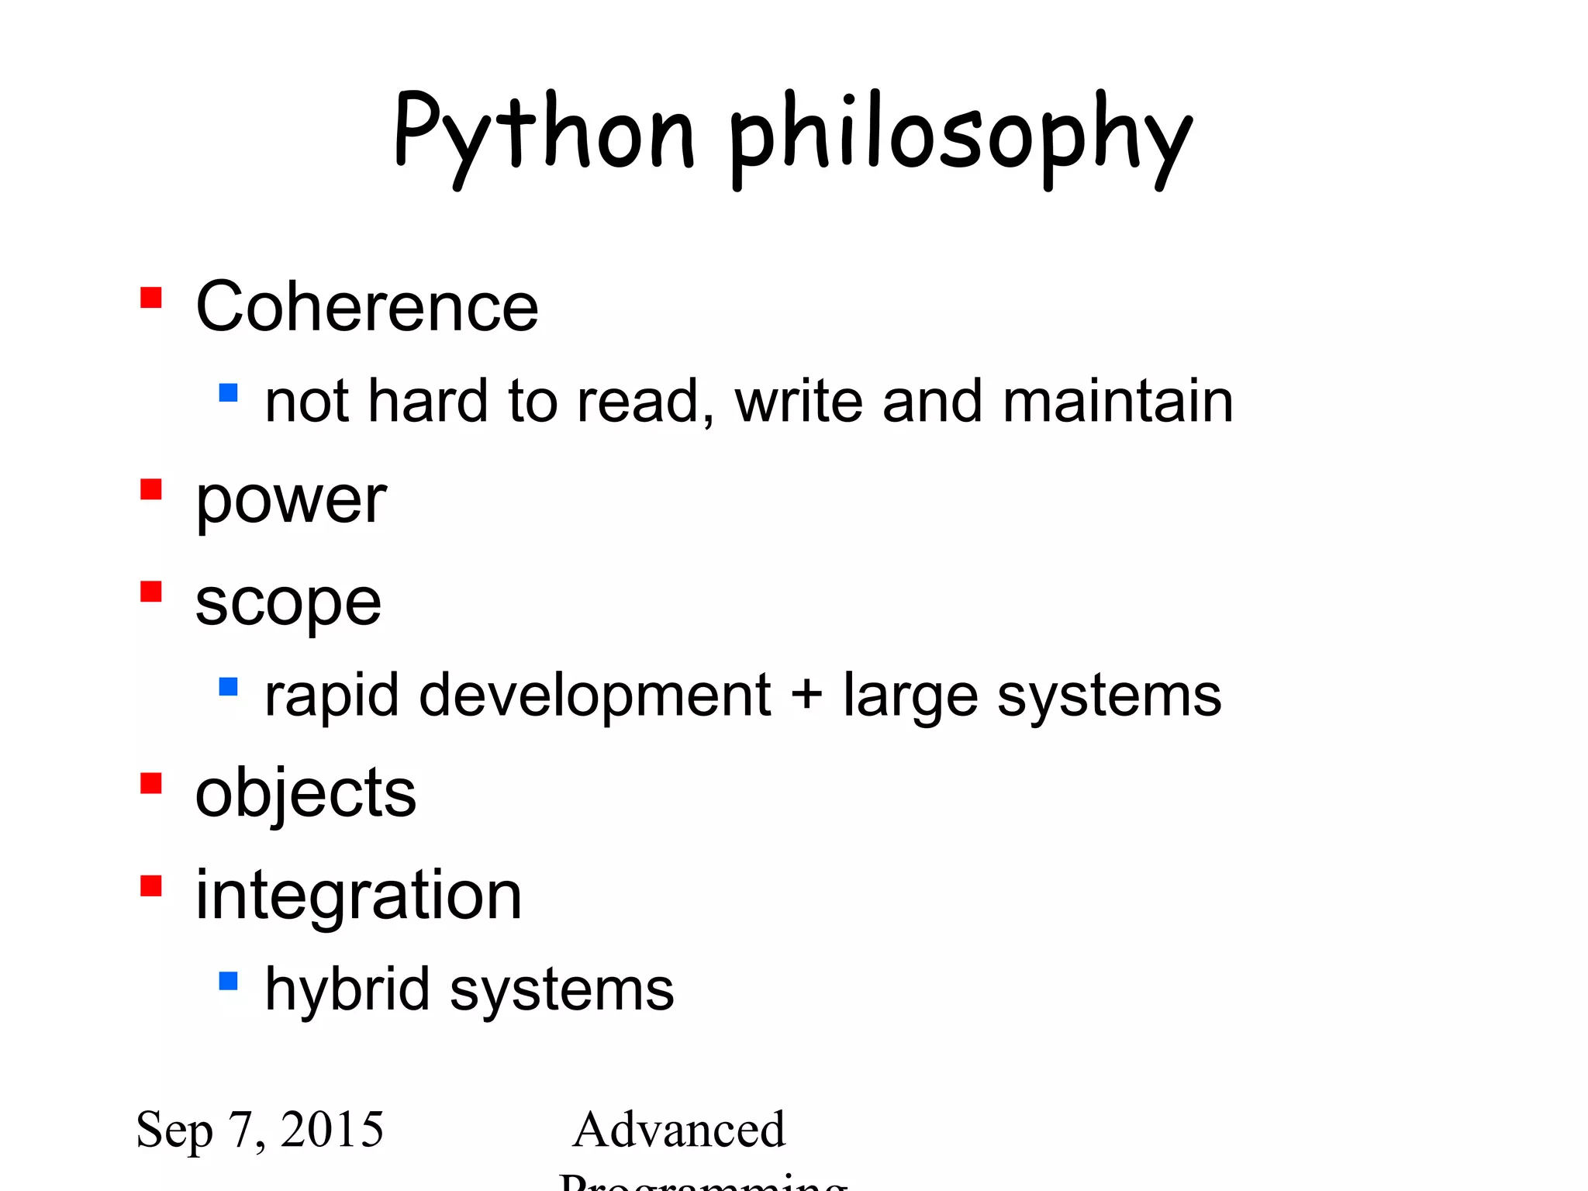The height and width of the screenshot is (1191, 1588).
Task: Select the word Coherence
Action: (367, 308)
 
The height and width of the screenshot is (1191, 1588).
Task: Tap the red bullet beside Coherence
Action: (151, 298)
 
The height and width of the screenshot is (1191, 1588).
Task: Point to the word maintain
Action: (1117, 402)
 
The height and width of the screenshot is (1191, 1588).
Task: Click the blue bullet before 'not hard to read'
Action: (228, 392)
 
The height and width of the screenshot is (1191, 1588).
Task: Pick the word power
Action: (291, 502)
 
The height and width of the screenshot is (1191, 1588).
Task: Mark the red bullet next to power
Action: (151, 490)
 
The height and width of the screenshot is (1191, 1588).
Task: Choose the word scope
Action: (288, 604)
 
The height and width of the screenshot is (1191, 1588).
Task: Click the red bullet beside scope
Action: (151, 592)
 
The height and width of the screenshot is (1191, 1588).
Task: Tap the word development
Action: (595, 696)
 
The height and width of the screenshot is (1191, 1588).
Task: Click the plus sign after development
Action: (806, 692)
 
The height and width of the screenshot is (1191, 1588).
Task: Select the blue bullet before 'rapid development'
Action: (228, 686)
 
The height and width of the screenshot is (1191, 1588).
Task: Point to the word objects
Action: (306, 794)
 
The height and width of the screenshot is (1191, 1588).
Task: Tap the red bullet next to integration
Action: (151, 885)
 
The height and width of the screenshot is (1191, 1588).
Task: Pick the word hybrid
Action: (347, 989)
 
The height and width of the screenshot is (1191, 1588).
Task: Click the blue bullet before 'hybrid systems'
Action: (228, 982)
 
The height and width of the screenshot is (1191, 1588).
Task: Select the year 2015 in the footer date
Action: (332, 1130)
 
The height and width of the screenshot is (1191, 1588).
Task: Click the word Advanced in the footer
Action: (679, 1130)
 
